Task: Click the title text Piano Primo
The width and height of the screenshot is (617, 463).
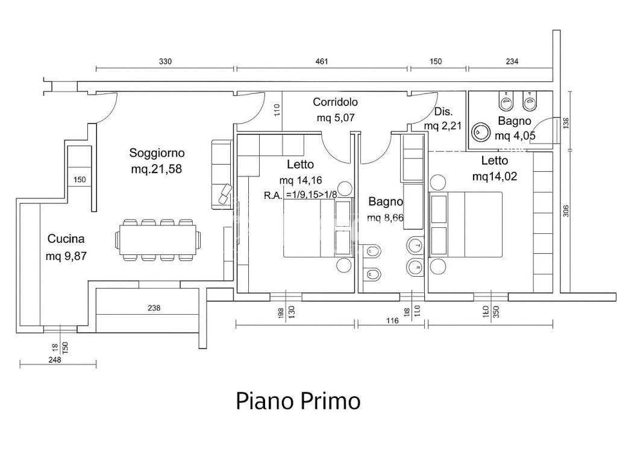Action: coord(298,401)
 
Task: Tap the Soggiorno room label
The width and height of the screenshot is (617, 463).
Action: coord(157,153)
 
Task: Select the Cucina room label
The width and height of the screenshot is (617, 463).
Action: coord(66,239)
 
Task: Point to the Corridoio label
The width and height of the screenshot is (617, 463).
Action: coord(335,102)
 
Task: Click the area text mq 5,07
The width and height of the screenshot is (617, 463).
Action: coord(336,118)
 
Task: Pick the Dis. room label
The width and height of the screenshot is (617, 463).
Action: coord(443,112)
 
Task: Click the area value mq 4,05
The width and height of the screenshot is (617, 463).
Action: coord(515,136)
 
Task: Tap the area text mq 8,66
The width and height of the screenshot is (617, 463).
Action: coord(385,218)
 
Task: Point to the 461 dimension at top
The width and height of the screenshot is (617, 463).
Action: coord(322,61)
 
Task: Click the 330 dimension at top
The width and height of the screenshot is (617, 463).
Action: coord(165,61)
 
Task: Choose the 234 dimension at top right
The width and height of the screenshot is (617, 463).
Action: coord(512,61)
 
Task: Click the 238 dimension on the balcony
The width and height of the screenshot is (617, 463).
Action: coord(154,308)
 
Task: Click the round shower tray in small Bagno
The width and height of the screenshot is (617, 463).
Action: coord(480,132)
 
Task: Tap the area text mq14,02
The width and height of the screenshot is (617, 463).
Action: coord(495,177)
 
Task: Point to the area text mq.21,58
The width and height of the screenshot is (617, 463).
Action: coord(156,169)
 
